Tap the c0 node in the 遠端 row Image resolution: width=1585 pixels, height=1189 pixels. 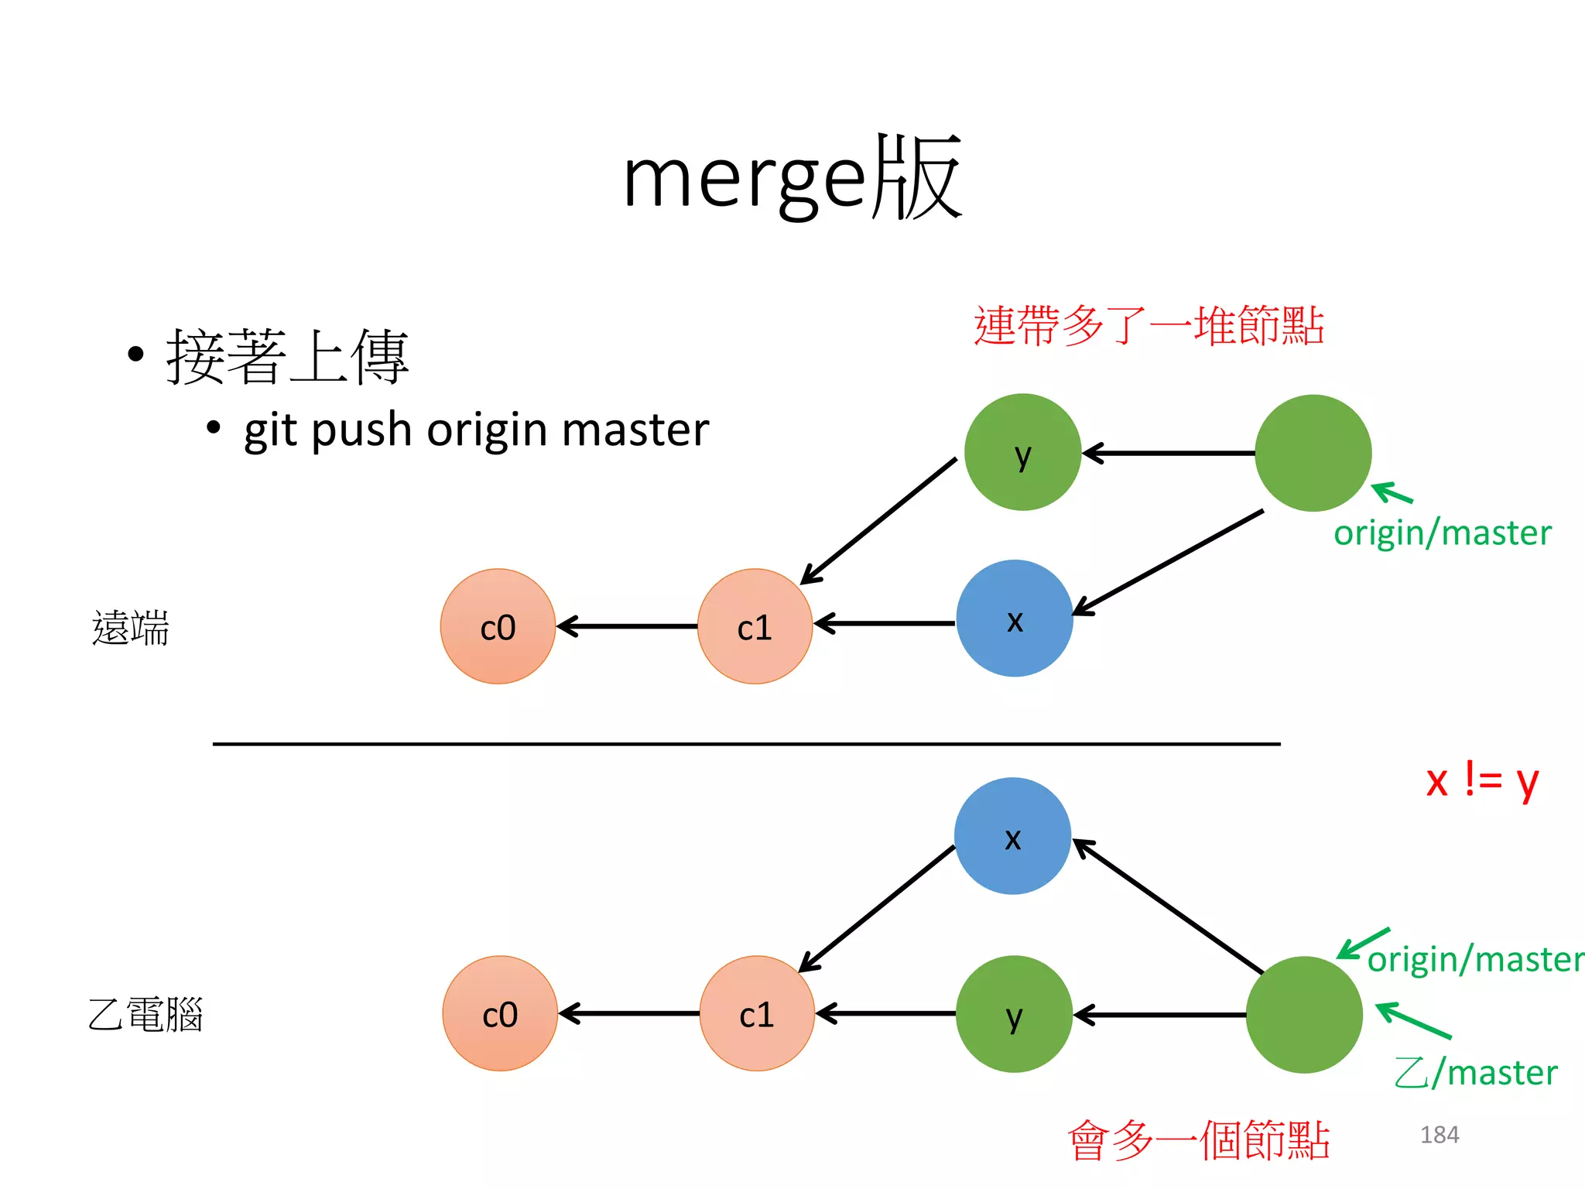[498, 626]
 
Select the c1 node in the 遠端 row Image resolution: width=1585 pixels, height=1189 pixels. [755, 626]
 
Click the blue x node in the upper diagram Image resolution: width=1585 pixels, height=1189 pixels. [1015, 618]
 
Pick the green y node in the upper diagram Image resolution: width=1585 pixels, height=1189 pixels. [1022, 452]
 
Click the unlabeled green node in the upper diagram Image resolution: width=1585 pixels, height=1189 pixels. [1313, 453]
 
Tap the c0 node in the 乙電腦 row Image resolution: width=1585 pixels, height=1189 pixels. [500, 1013]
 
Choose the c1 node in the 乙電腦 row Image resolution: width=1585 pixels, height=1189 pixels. [757, 1013]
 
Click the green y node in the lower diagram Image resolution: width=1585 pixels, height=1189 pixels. [1014, 1014]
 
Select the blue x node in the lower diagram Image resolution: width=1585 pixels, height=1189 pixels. [1012, 836]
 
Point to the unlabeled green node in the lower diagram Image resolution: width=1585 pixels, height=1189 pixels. [1305, 1014]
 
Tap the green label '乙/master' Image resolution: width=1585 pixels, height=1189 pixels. [1475, 1073]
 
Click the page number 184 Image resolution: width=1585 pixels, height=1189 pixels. [1440, 1135]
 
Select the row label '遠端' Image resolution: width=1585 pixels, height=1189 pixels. [130, 628]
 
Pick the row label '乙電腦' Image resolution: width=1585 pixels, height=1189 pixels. [145, 1015]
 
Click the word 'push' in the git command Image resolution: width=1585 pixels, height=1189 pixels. [361, 430]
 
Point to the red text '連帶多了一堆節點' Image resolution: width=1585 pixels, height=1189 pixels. [1149, 325]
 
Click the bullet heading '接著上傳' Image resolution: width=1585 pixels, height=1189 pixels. [287, 357]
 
